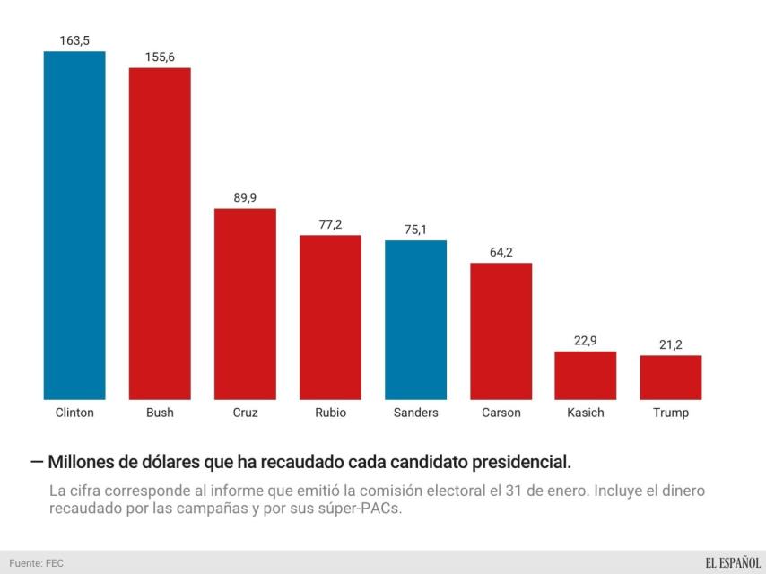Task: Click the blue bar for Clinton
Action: tap(74, 224)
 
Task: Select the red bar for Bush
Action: tap(160, 233)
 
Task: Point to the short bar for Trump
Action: tap(671, 377)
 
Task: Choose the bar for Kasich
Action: tap(585, 375)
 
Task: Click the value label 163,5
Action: tap(74, 40)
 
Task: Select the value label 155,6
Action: tap(160, 57)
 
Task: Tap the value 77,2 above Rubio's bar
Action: tap(330, 224)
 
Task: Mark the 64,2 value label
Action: tap(501, 252)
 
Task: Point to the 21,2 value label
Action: tap(671, 345)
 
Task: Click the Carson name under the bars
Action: tap(501, 413)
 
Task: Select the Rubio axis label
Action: tap(330, 413)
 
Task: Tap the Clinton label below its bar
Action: tap(74, 413)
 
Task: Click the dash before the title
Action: tap(36, 462)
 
